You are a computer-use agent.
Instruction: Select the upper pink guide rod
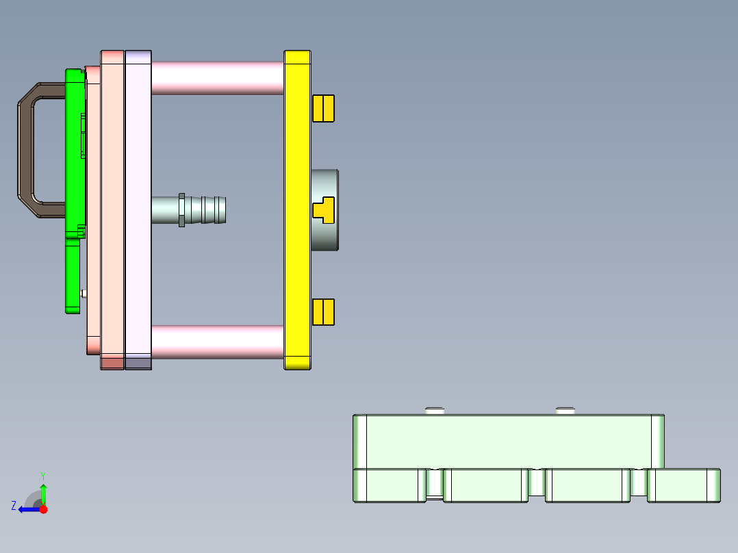216,77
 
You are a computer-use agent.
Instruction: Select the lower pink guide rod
216,342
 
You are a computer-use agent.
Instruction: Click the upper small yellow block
323,108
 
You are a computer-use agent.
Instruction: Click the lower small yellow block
323,311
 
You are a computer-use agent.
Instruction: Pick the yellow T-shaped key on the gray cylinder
324,209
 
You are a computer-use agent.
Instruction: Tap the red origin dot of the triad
43,509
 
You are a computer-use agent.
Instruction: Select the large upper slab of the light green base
507,441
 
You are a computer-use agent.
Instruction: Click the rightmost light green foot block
683,485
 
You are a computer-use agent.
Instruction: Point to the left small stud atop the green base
435,411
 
